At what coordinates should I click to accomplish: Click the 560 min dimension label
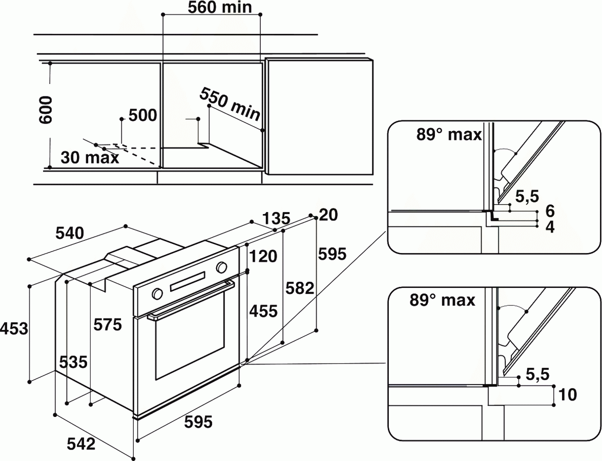pos(212,8)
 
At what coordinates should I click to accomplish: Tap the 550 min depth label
pos(230,104)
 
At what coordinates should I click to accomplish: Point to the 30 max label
pos(90,157)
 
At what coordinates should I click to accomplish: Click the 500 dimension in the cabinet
pos(142,115)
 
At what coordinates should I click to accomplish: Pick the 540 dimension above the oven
pos(69,234)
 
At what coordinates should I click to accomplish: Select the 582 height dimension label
pos(300,288)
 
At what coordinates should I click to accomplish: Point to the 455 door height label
pos(264,310)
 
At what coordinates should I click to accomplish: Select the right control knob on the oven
pos(222,267)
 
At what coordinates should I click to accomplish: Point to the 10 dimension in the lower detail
pos(568,394)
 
